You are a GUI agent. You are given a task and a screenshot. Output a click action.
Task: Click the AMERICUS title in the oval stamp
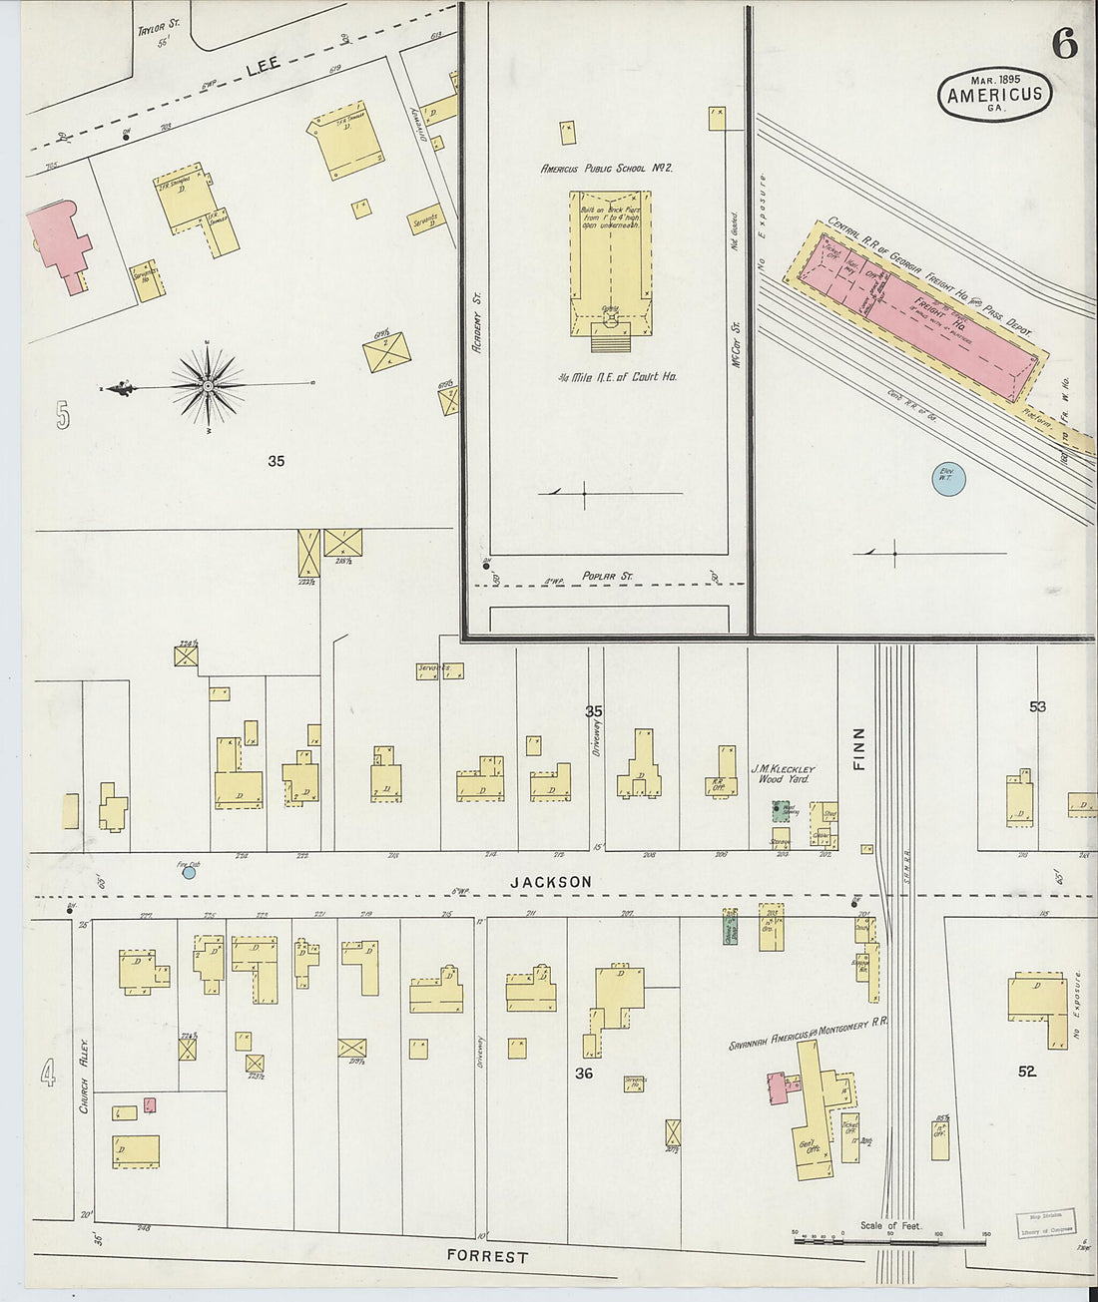click(x=994, y=95)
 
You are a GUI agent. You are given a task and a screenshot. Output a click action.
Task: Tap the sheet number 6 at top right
click(x=1064, y=45)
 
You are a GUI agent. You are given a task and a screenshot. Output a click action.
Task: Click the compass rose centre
click(x=208, y=385)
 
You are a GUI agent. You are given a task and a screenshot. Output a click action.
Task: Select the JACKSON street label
click(x=551, y=882)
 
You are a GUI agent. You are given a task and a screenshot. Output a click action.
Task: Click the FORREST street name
click(x=487, y=1256)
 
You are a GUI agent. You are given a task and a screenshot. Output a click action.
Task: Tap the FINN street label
click(x=859, y=747)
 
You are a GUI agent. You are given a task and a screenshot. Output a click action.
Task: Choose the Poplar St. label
click(x=608, y=577)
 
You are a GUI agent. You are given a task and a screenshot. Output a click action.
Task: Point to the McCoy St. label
click(x=737, y=343)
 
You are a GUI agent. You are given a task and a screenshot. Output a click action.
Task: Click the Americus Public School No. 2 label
click(x=607, y=169)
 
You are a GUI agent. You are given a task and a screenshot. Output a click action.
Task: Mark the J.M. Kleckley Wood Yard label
click(x=784, y=773)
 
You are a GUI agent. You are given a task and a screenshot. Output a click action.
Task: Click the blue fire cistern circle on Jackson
click(x=189, y=872)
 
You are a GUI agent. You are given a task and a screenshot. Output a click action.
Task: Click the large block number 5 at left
click(x=63, y=415)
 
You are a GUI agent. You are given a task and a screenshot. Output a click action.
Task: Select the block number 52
click(x=1026, y=1072)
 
